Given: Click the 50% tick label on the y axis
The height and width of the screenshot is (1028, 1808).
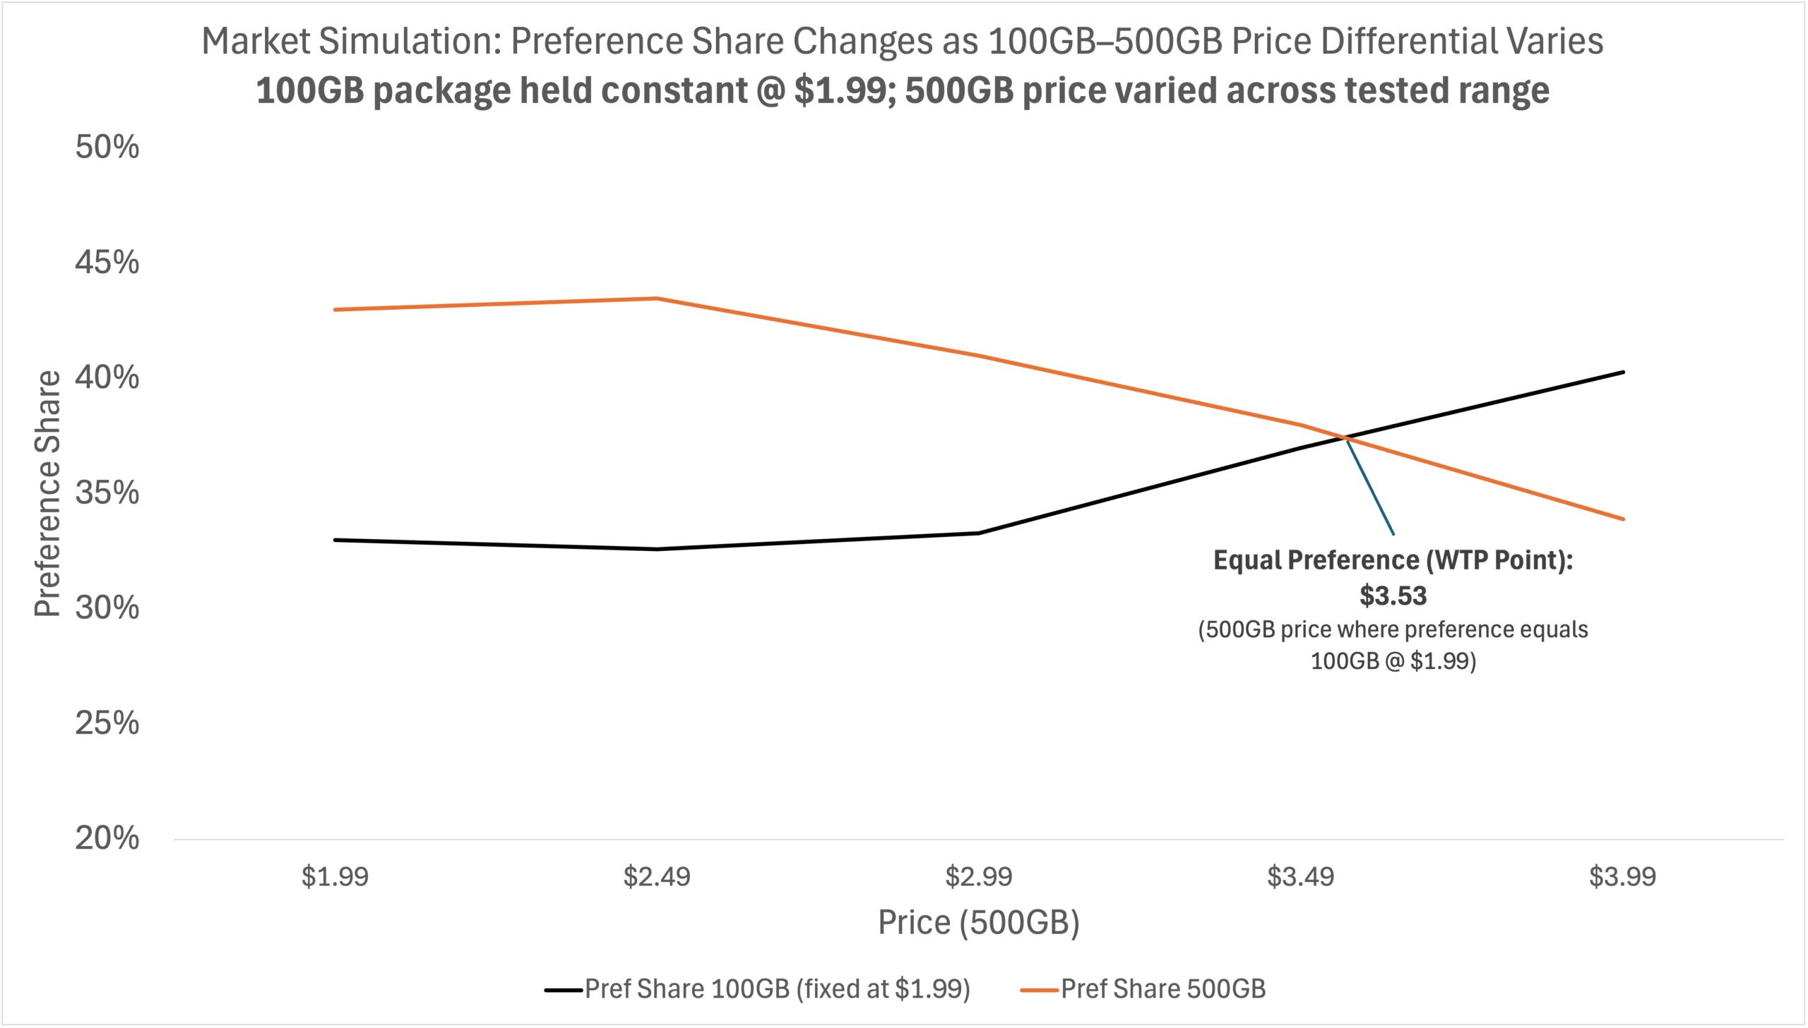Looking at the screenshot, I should [107, 147].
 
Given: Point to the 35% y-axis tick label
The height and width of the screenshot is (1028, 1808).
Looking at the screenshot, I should [107, 492].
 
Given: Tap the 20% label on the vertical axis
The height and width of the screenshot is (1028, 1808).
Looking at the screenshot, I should [107, 838].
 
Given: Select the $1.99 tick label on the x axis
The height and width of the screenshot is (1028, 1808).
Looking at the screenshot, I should [335, 877].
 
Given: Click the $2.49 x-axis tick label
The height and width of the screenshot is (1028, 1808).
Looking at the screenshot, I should [656, 877].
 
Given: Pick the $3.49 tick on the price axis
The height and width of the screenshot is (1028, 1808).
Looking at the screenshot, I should [1301, 877].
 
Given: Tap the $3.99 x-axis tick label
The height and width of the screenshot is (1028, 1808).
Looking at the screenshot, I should [1622, 877].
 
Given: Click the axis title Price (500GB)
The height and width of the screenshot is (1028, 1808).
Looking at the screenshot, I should [979, 922].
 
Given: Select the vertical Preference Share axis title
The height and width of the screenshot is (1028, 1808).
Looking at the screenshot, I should [48, 493].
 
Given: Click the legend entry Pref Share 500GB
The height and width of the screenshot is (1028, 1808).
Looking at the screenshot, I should [1162, 989].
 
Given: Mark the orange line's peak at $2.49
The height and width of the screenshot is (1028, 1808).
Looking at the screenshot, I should [657, 298].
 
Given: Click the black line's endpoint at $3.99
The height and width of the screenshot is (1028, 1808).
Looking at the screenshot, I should [1623, 372].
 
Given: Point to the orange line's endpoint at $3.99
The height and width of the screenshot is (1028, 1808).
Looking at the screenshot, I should [1623, 519].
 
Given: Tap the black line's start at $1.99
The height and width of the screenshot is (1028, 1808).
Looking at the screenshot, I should [335, 540].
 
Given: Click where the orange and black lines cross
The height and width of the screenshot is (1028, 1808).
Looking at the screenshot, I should [1346, 438].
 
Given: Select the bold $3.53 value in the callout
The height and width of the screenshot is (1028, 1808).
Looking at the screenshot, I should [1393, 596].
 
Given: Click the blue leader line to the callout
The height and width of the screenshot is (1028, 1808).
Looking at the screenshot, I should [1371, 487].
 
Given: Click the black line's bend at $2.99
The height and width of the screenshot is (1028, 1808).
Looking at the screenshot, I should [980, 533].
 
